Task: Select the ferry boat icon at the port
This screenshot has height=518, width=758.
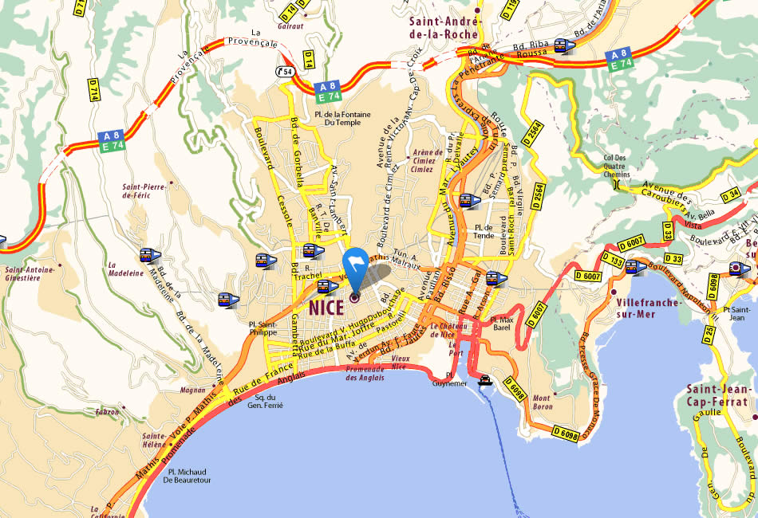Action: pyautogui.click(x=484, y=379)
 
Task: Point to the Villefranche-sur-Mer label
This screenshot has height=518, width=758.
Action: pyautogui.click(x=648, y=308)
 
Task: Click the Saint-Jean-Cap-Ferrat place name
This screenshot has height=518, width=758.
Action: pyautogui.click(x=720, y=402)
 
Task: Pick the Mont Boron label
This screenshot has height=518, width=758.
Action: pyautogui.click(x=542, y=402)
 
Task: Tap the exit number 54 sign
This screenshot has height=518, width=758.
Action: pyautogui.click(x=285, y=71)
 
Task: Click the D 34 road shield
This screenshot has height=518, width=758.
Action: pyautogui.click(x=729, y=194)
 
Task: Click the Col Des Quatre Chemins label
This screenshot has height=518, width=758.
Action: pyautogui.click(x=616, y=166)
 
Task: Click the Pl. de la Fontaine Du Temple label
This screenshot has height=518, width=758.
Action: pyautogui.click(x=342, y=119)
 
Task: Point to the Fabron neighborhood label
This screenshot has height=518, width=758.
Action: pyautogui.click(x=106, y=412)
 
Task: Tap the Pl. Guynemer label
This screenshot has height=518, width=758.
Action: pyautogui.click(x=448, y=379)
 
